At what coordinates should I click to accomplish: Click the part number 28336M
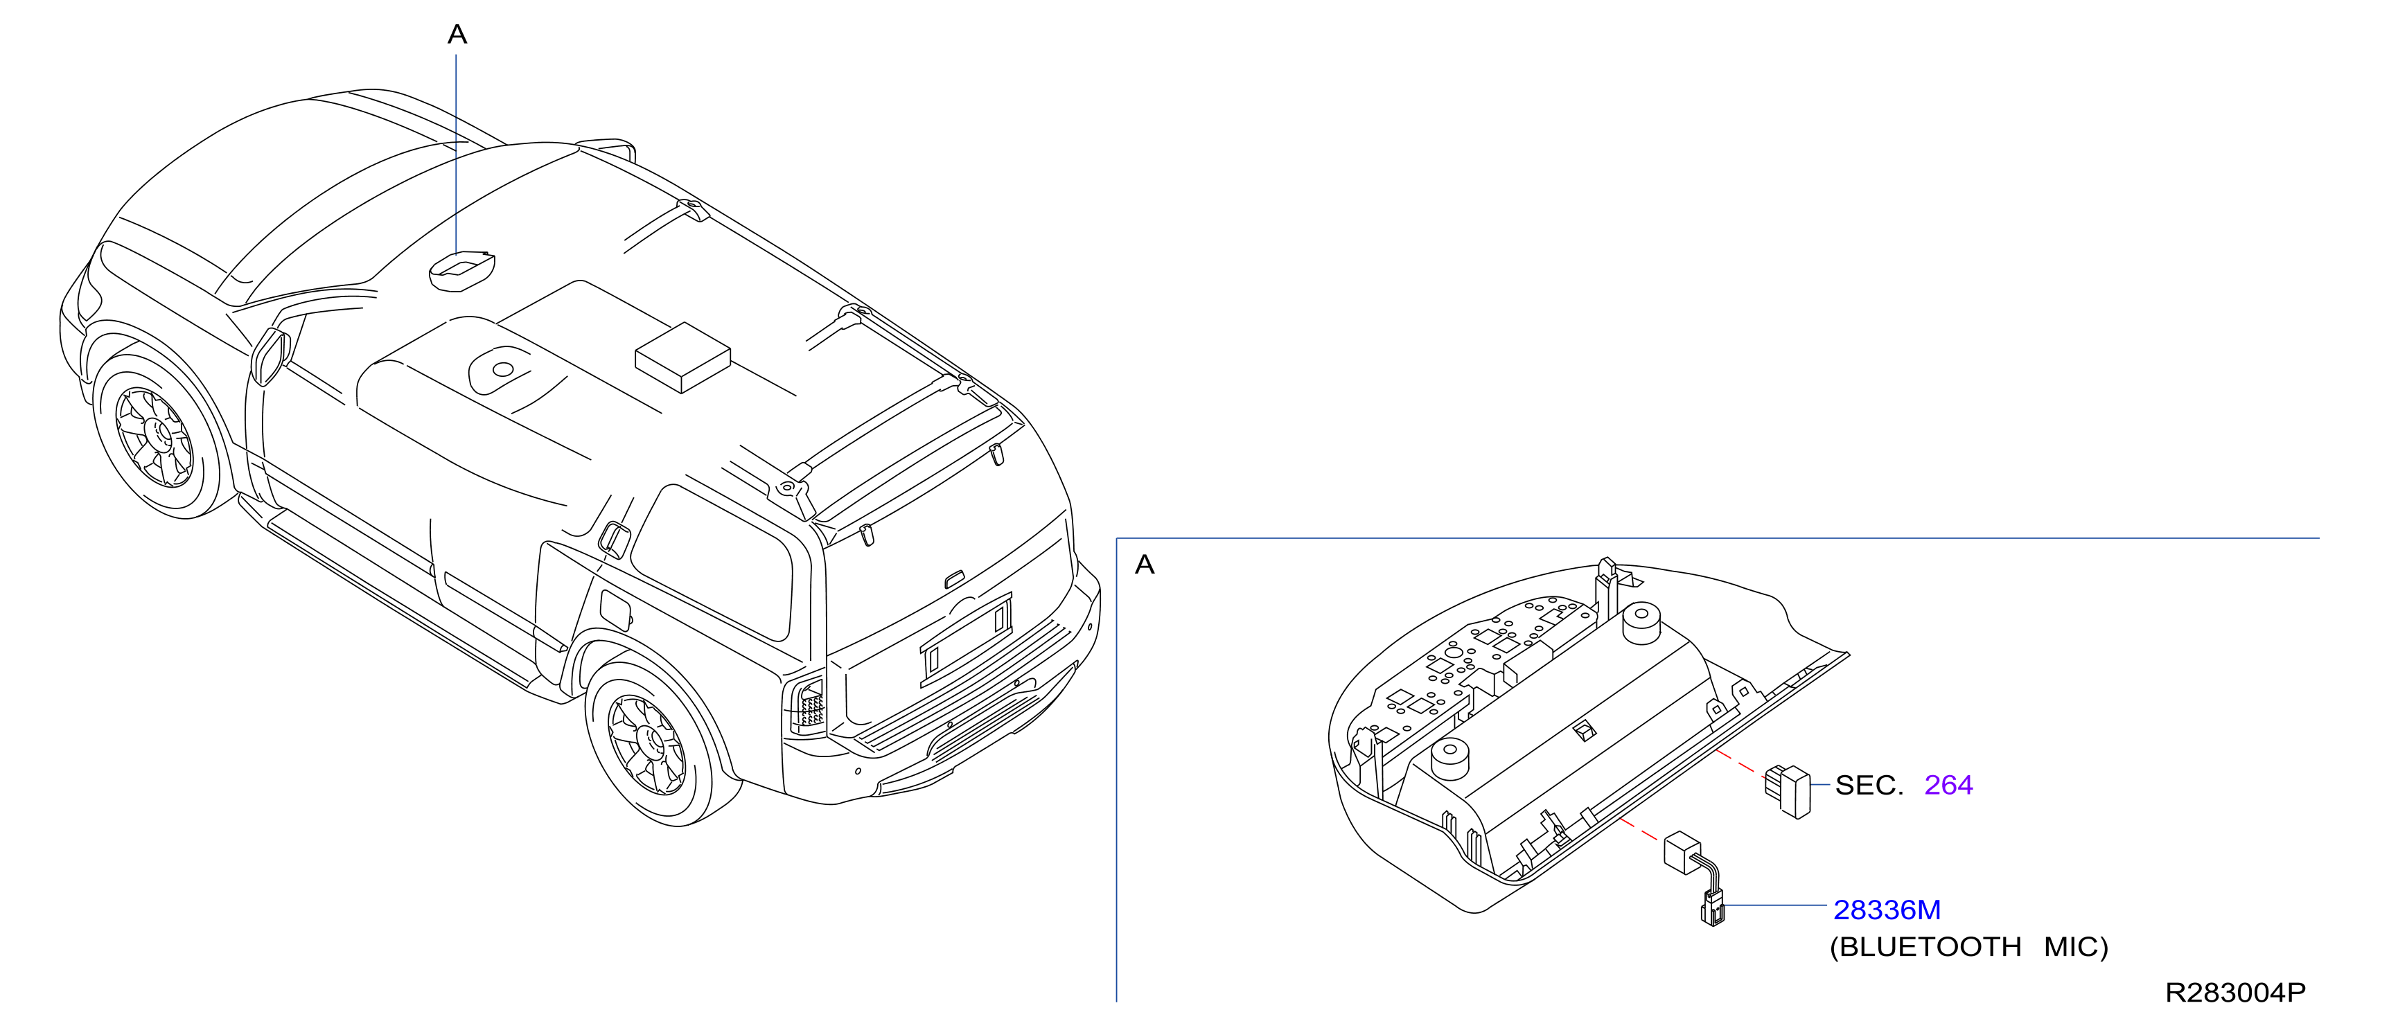pyautogui.click(x=1886, y=909)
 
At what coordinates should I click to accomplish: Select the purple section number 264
pyautogui.click(x=1948, y=785)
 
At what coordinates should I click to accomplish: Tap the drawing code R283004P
pyautogui.click(x=2235, y=993)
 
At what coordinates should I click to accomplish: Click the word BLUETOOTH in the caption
pyautogui.click(x=1931, y=947)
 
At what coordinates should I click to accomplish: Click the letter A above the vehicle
pyautogui.click(x=457, y=35)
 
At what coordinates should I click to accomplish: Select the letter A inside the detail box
pyautogui.click(x=1145, y=565)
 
